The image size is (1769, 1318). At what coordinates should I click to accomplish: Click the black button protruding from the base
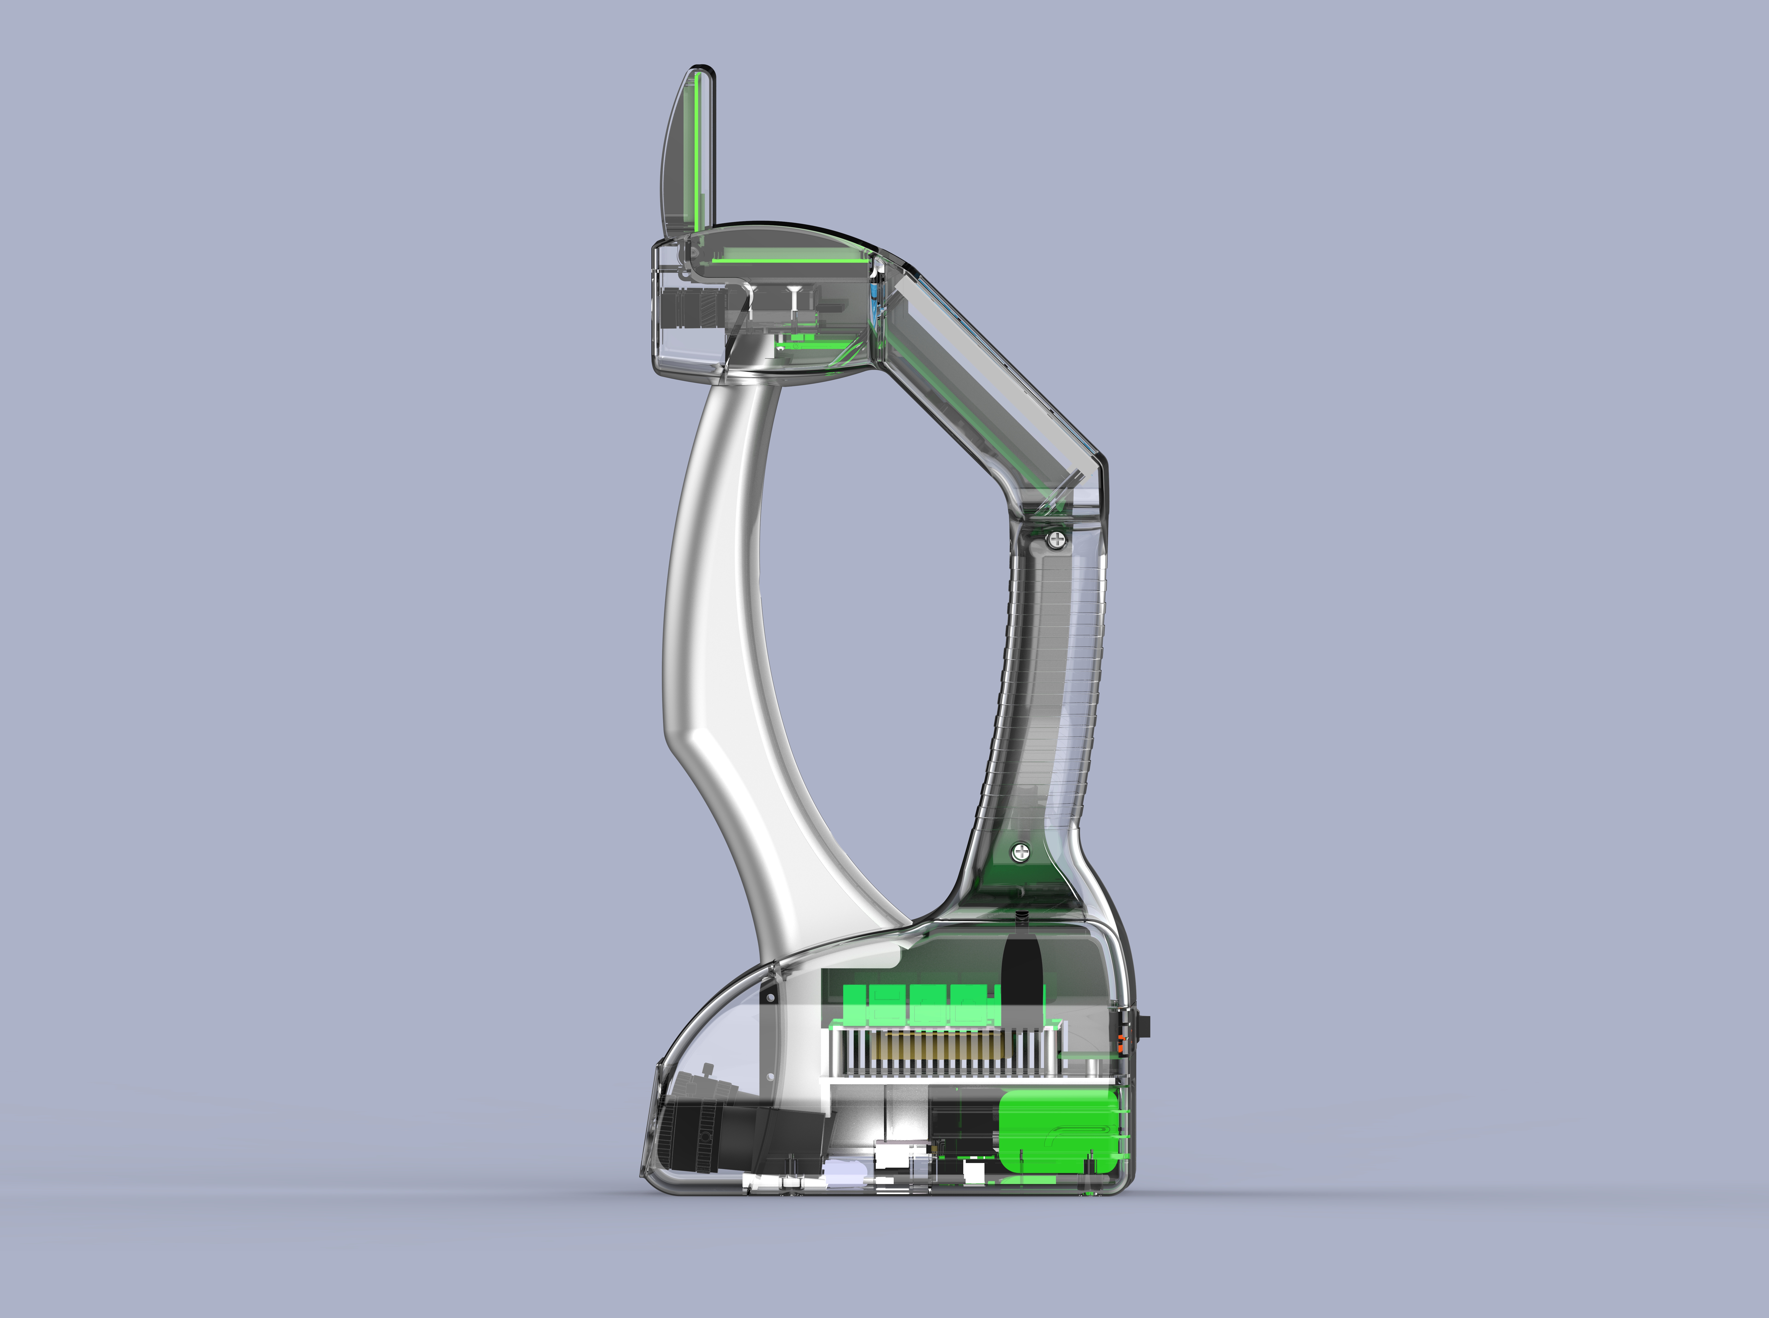[1148, 1027]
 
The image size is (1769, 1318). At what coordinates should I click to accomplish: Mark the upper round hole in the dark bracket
[770, 997]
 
